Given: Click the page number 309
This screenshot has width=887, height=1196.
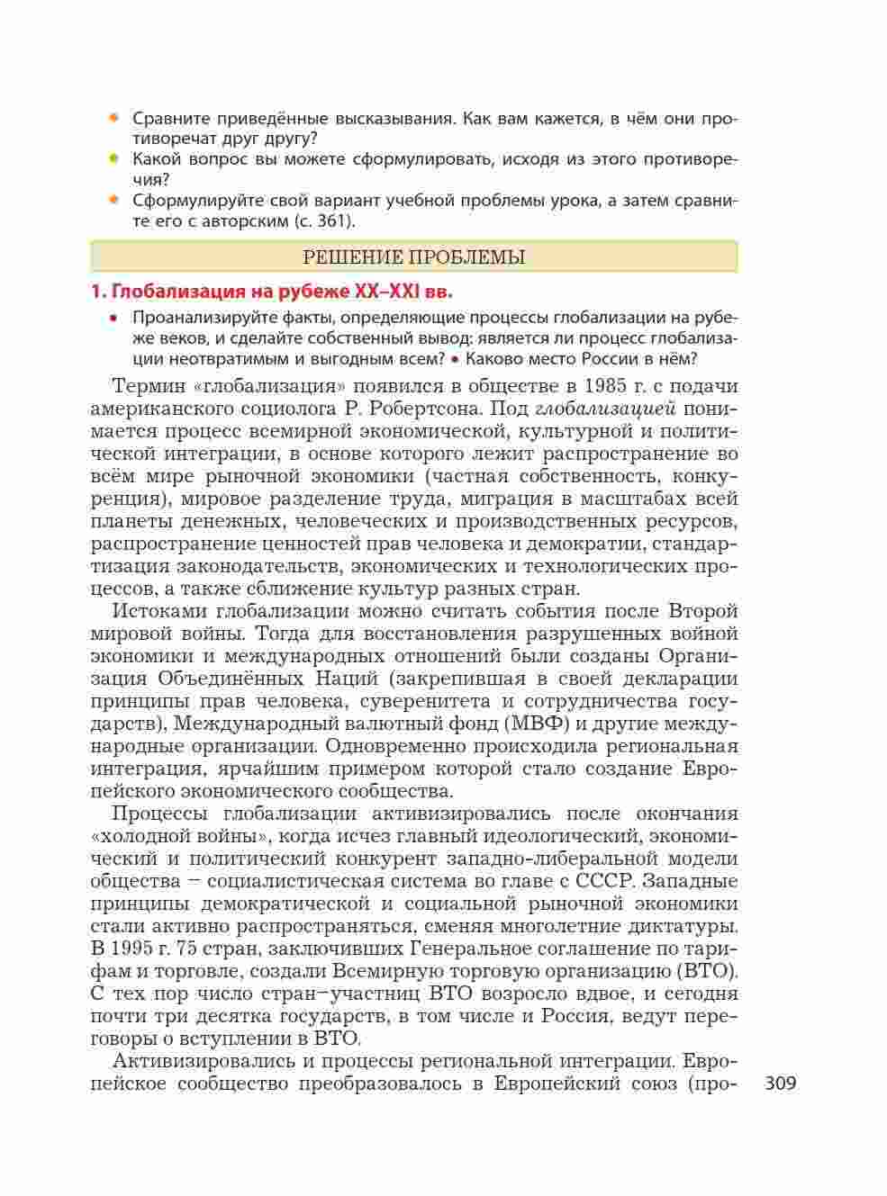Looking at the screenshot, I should coord(780,1084).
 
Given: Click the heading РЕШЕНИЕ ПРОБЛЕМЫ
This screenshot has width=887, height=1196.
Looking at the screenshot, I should coord(414,257).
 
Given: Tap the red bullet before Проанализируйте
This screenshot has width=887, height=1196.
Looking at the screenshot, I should coord(113,318).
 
